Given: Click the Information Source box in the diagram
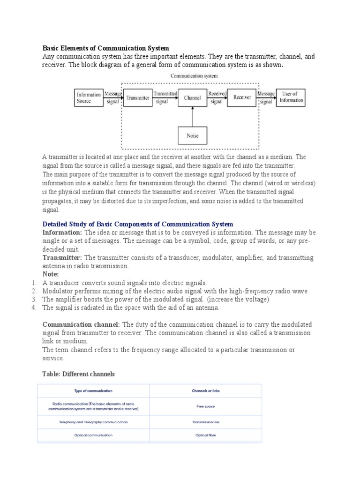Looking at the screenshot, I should [89, 97].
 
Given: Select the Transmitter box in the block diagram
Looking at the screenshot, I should [137, 97].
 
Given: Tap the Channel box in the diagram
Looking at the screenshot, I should [192, 97].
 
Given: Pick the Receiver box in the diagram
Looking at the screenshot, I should [242, 97].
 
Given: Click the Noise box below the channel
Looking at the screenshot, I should [192, 135].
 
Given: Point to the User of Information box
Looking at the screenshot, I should [291, 97].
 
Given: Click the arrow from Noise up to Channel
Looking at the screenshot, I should [192, 117].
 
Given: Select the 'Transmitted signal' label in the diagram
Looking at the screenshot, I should [165, 97].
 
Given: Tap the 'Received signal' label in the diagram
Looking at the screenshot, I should [217, 97].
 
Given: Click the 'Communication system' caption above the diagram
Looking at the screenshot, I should [194, 75].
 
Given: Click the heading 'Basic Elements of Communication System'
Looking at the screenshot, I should [106, 48].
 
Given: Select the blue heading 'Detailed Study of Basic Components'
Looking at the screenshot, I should [138, 225].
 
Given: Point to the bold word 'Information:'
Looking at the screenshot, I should [62, 232].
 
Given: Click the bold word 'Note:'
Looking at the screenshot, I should [51, 274].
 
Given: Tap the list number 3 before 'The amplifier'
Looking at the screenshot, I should [34, 300].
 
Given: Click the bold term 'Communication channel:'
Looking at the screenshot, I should [82, 325].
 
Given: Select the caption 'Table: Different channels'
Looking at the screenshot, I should [79, 374].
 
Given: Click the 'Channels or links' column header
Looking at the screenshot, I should [206, 391].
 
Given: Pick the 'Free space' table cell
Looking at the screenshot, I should [206, 406].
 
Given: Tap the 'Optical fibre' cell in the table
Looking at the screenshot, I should [206, 435].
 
